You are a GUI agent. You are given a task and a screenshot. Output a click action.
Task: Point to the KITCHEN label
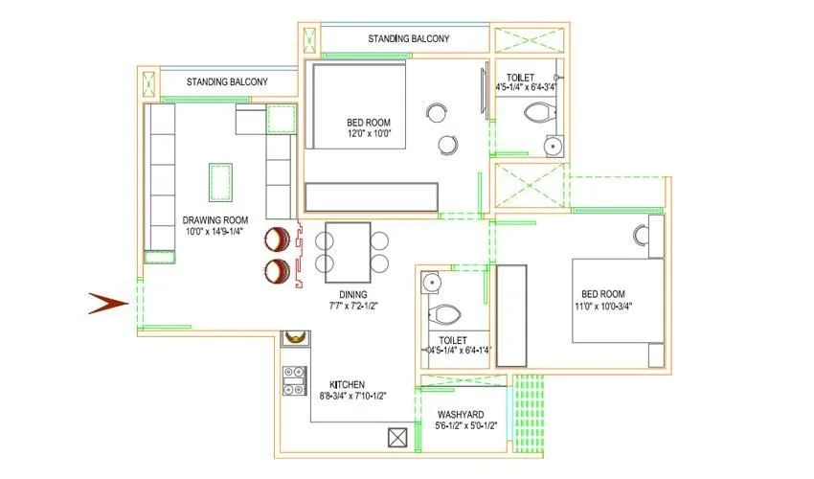[348, 383]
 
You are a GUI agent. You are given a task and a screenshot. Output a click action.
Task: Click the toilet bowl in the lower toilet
[446, 314]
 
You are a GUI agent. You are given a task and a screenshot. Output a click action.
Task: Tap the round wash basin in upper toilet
[553, 147]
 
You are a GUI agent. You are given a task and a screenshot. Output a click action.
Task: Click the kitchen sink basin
[295, 336]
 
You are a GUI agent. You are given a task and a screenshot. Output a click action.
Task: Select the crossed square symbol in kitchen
[397, 438]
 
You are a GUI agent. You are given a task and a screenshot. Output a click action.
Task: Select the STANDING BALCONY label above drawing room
[227, 82]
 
